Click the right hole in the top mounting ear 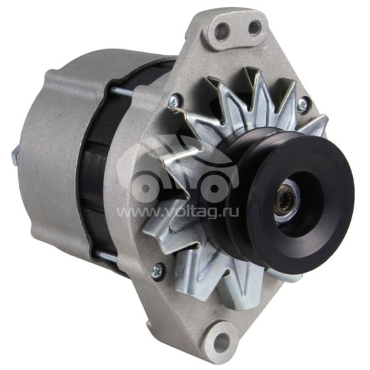(254, 27)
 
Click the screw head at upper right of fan (302, 103)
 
